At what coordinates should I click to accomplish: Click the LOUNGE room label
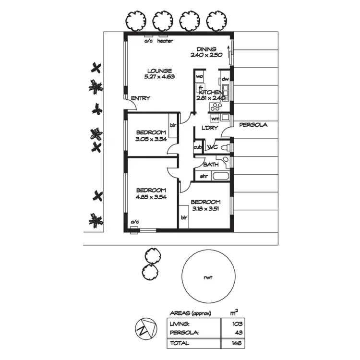tap(159, 71)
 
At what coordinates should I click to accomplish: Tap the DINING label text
tap(206, 49)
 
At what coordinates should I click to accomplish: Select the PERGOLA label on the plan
tap(253, 125)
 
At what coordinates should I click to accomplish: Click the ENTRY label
tap(140, 98)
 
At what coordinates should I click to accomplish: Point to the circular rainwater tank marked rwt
tap(207, 277)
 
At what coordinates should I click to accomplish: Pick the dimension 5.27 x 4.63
tap(159, 77)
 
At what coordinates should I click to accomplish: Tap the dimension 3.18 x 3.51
tap(206, 208)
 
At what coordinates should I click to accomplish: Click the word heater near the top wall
tap(165, 41)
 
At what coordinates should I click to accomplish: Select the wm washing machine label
tap(215, 119)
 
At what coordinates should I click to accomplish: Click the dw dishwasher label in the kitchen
tap(225, 79)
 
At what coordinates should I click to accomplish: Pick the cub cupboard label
tap(197, 147)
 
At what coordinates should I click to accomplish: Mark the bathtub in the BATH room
tap(221, 176)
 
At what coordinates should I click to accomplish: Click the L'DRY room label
tap(210, 128)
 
